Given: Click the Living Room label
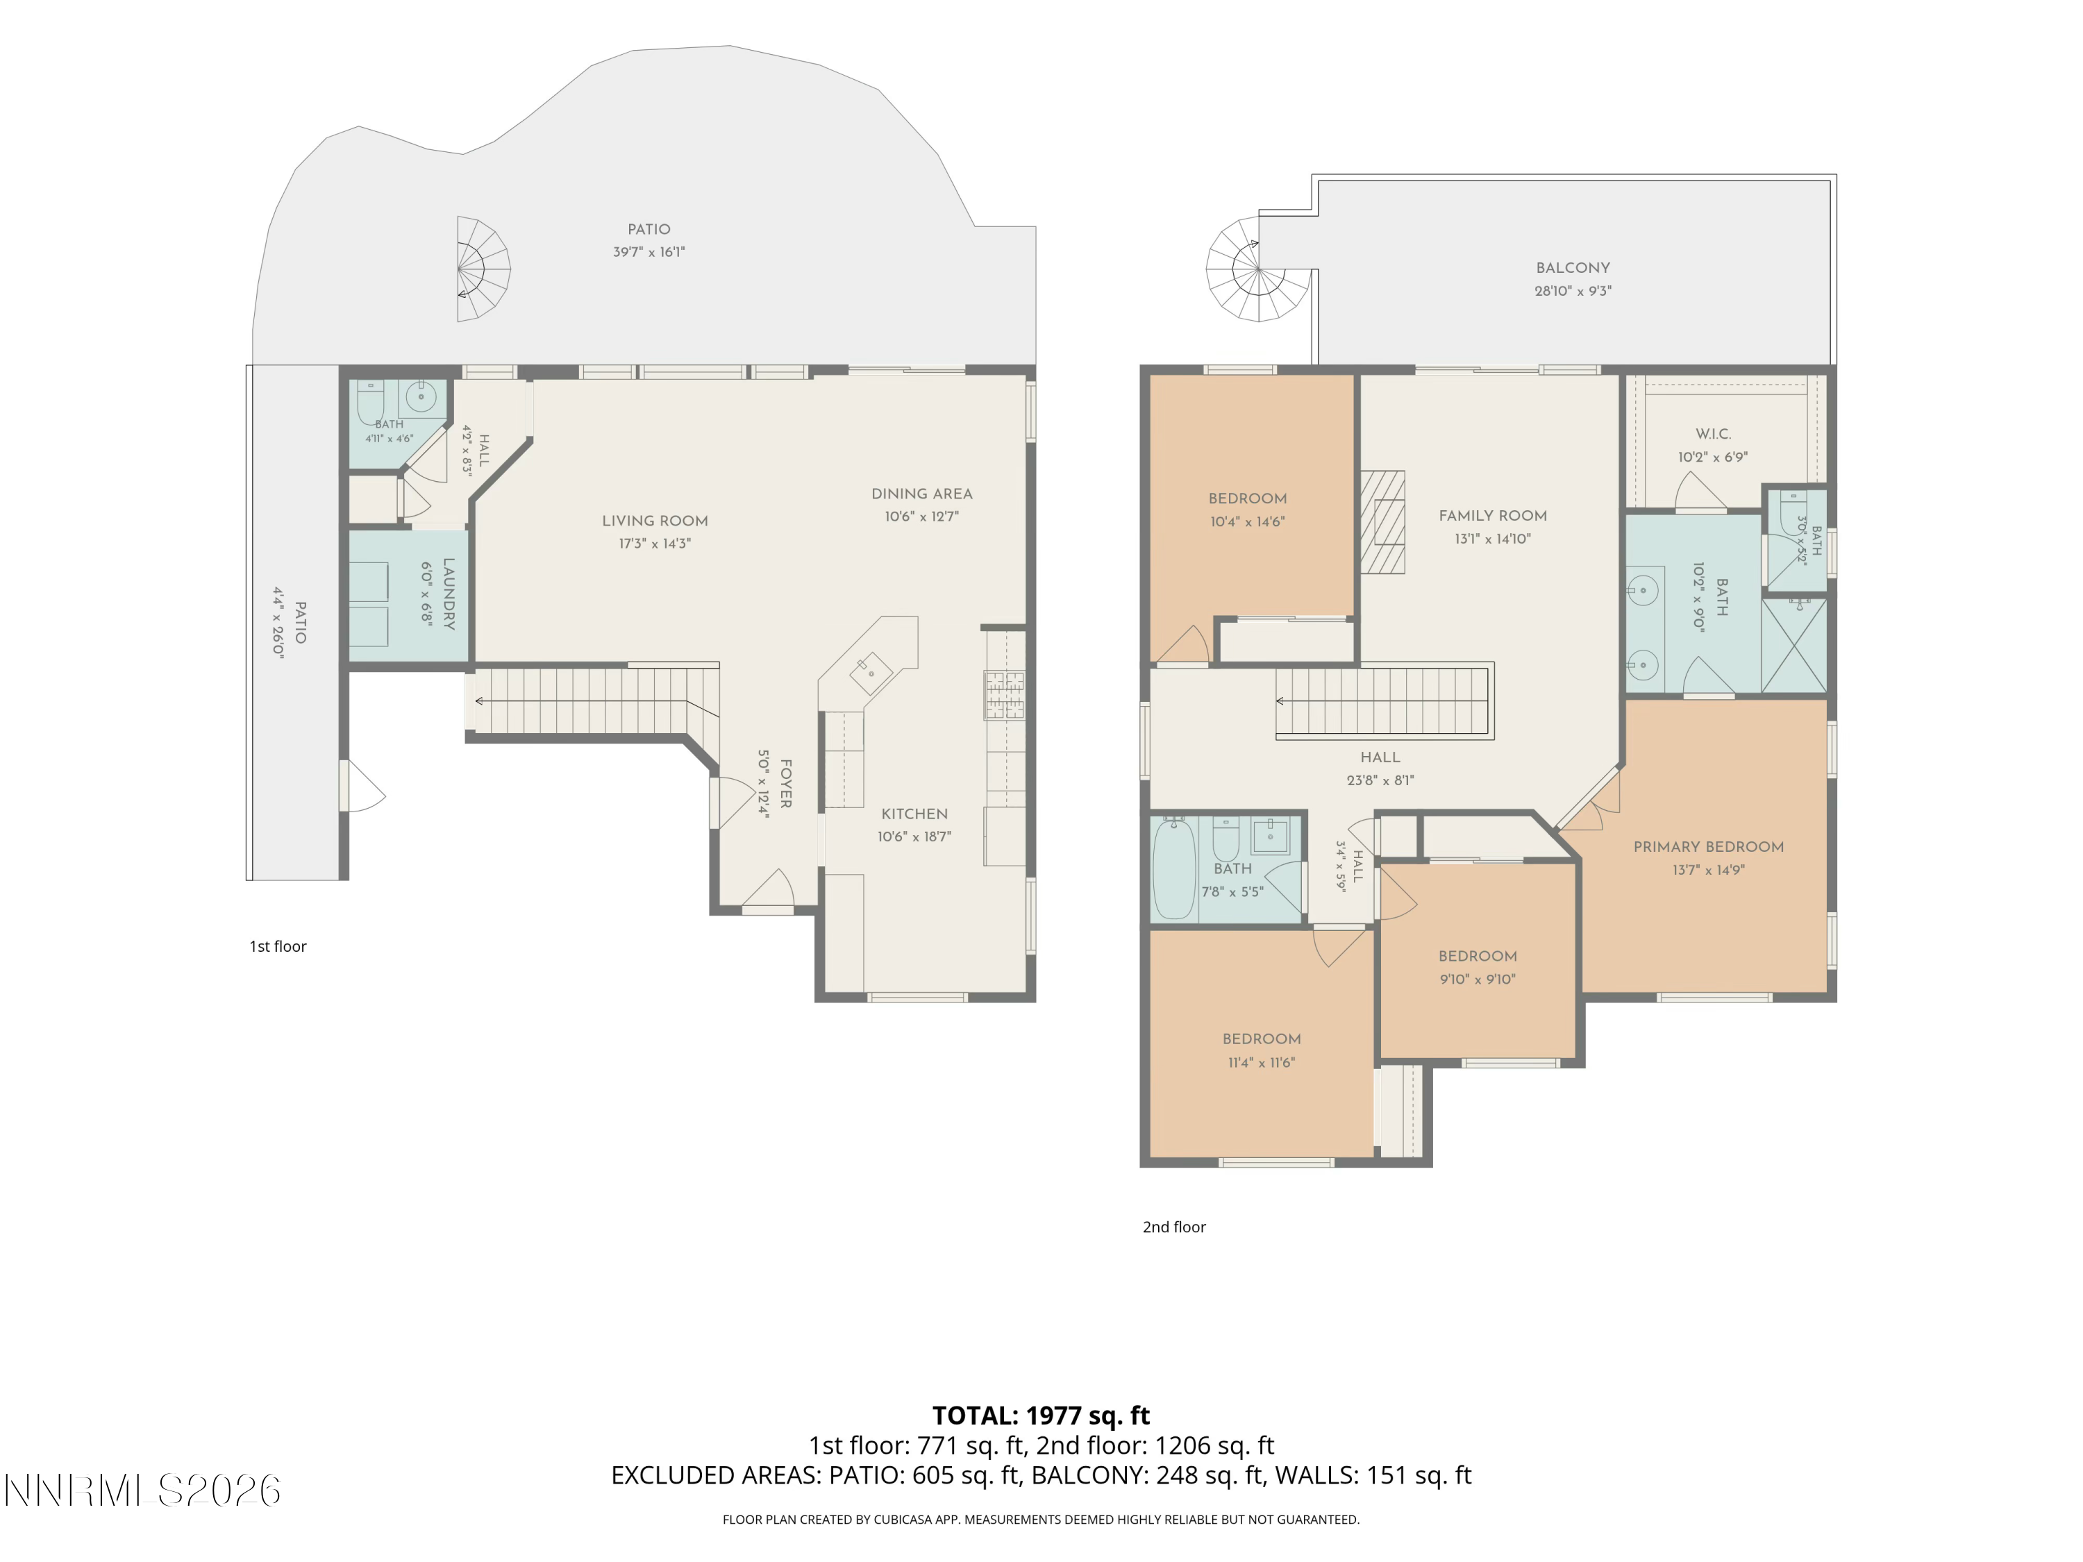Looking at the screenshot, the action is click(655, 521).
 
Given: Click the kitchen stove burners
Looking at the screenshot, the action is click(1005, 695).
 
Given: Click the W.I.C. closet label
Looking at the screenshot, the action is click(1713, 434).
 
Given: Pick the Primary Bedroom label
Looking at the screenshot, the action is click(1708, 846).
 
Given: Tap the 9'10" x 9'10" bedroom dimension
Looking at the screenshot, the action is click(1478, 979).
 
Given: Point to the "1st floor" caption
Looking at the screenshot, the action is click(278, 946).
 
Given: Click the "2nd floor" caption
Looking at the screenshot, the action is click(1174, 1227).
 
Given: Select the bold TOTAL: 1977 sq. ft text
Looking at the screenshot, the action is click(1041, 1415).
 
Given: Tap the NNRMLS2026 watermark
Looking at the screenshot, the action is click(142, 1490).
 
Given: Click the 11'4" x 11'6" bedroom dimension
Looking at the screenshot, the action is click(1261, 1062).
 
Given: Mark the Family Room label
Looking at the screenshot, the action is click(1493, 516).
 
